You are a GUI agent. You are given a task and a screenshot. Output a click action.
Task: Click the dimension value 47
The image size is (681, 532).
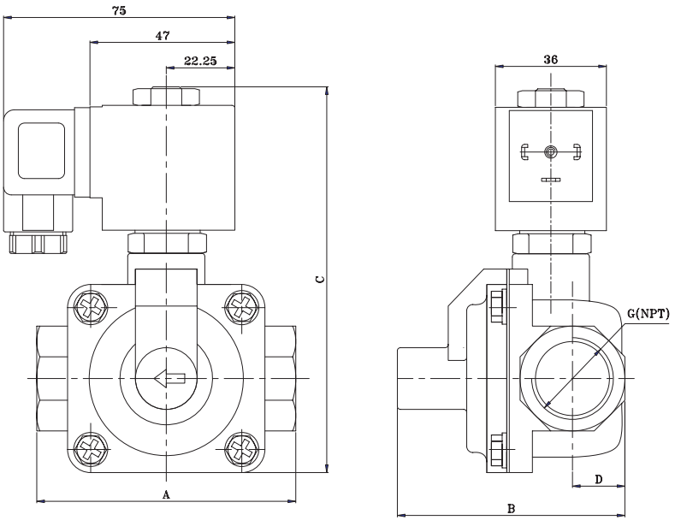click(x=163, y=35)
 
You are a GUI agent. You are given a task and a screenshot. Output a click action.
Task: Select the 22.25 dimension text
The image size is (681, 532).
click(x=199, y=62)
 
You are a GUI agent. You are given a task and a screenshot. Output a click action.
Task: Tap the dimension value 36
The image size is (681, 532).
click(x=551, y=59)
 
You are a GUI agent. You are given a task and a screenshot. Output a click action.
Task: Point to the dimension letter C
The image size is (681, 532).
click(x=319, y=279)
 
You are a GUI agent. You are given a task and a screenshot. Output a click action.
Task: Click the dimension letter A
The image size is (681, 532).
click(x=167, y=494)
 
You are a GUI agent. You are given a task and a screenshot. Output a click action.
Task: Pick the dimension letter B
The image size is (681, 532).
click(x=511, y=508)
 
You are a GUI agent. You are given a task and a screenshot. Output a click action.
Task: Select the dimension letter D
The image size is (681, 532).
click(x=599, y=480)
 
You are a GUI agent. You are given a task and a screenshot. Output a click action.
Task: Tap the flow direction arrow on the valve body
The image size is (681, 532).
click(x=169, y=377)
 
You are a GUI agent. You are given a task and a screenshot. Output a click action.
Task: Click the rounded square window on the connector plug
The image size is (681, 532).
click(x=41, y=151)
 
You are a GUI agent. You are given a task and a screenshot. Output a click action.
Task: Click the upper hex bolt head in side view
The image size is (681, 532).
click(x=497, y=303)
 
